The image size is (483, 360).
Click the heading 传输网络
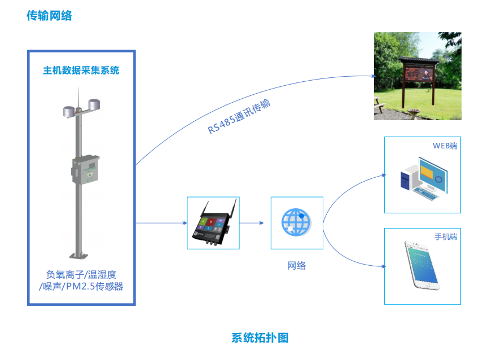(x=49, y=16)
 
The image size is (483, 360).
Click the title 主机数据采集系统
(x=81, y=70)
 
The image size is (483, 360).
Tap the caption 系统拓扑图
(x=260, y=338)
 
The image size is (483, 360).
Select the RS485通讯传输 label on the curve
(x=239, y=116)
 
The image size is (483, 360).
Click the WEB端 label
(x=445, y=146)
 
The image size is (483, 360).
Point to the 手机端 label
(x=446, y=237)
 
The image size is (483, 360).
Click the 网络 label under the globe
(x=297, y=265)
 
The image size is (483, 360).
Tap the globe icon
(x=296, y=222)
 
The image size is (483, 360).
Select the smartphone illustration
(x=422, y=265)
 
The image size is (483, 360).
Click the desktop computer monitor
(x=432, y=175)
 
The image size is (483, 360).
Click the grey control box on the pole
(x=86, y=170)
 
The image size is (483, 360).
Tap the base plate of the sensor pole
(x=78, y=256)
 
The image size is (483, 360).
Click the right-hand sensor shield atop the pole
(x=94, y=104)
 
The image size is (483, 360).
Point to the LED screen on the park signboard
(x=419, y=73)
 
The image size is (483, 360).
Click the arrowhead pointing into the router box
(x=185, y=223)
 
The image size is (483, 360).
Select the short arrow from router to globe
(x=251, y=223)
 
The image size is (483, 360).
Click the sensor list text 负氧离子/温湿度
(x=81, y=274)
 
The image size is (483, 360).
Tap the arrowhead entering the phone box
(x=384, y=266)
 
